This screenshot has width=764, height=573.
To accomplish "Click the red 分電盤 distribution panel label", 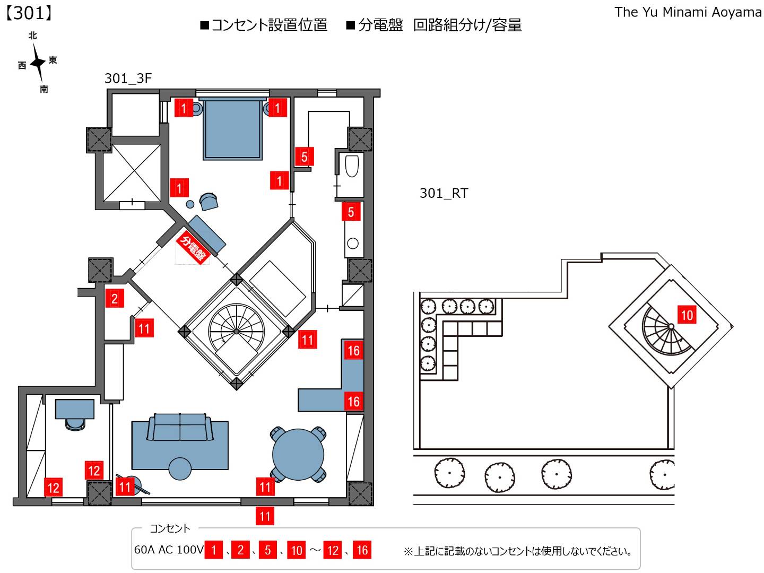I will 192,247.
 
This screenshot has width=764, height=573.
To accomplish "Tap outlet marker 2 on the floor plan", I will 115,299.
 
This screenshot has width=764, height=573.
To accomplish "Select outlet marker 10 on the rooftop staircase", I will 687,315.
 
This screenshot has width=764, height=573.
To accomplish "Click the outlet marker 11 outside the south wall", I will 265,516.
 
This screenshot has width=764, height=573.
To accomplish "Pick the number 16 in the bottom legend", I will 362,550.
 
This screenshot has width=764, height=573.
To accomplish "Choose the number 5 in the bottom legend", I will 268,550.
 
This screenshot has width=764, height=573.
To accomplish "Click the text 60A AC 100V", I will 169,550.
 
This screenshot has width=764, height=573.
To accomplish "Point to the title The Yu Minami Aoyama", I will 688,12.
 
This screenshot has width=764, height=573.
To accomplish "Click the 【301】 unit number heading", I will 29,13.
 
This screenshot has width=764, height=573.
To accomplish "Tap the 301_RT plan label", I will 444,193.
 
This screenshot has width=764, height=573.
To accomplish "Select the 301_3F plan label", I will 128,79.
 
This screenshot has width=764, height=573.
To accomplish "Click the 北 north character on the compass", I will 33,36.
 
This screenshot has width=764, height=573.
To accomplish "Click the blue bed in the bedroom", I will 232,130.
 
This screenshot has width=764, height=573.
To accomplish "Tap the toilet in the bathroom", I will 352,166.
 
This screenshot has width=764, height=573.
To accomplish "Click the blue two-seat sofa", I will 180,428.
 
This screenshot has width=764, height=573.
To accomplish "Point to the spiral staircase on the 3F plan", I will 236,331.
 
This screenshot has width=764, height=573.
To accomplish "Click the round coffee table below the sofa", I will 180,468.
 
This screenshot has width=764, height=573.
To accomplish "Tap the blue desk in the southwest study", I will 75,409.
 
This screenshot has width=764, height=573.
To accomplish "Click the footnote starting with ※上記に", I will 518,551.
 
